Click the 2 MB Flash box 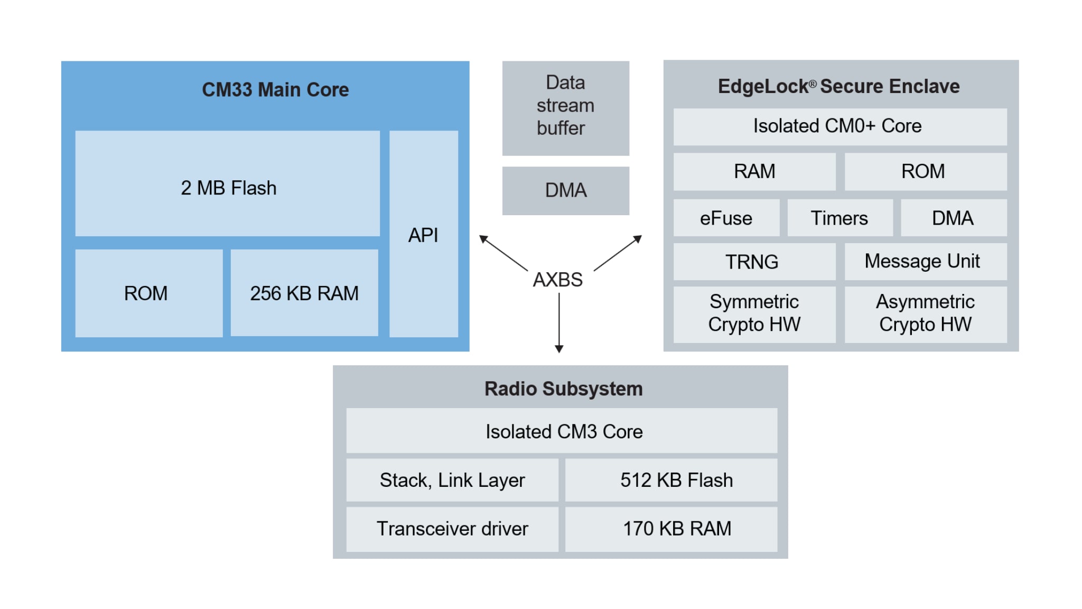coord(227,183)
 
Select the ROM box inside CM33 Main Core coord(148,293)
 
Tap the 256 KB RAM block coord(304,293)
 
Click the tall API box coord(423,234)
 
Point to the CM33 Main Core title coord(275,89)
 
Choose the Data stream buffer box coord(565,108)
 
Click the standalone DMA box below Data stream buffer coord(565,190)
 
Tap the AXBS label coord(557,279)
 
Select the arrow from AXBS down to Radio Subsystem coord(559,322)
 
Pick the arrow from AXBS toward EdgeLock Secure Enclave coord(618,253)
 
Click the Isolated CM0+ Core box coord(840,126)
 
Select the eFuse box coord(726,218)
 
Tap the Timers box coord(840,218)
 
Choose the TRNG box coord(754,262)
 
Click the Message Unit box coord(925,262)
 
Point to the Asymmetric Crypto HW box coord(925,313)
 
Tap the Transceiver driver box coord(452,529)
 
